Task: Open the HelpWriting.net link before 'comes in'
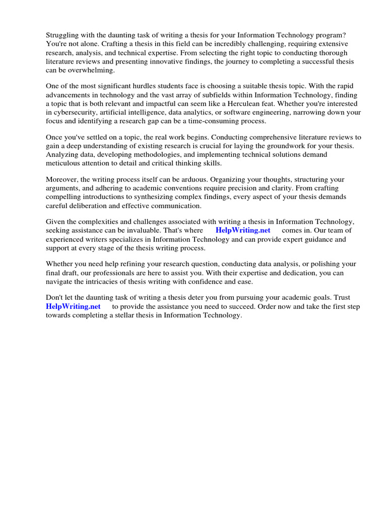coord(243,230)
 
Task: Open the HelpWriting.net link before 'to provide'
coord(74,306)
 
